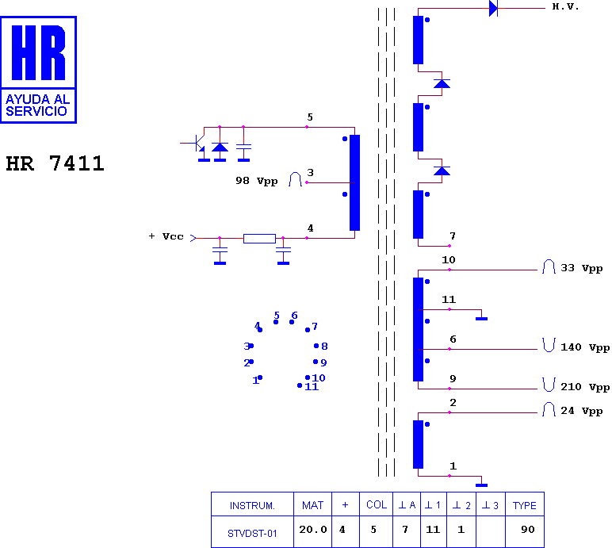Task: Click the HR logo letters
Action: (38, 52)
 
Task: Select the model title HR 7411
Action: (55, 163)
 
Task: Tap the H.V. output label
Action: (565, 6)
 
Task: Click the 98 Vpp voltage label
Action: (256, 181)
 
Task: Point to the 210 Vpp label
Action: (585, 387)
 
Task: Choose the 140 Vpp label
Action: (585, 347)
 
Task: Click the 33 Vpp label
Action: (582, 268)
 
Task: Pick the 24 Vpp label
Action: (582, 411)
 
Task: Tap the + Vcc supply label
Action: (166, 236)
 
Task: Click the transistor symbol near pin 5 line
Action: (199, 144)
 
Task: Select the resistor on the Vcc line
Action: (259, 238)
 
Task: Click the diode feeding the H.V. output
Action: (493, 8)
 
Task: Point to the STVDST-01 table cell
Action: (252, 533)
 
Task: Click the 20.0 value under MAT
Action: (312, 530)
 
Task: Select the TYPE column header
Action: (524, 505)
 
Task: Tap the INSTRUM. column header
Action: (252, 506)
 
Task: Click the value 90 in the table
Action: (528, 530)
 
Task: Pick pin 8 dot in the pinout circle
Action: (316, 346)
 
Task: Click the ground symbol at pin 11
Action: (482, 319)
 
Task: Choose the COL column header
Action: (377, 504)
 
